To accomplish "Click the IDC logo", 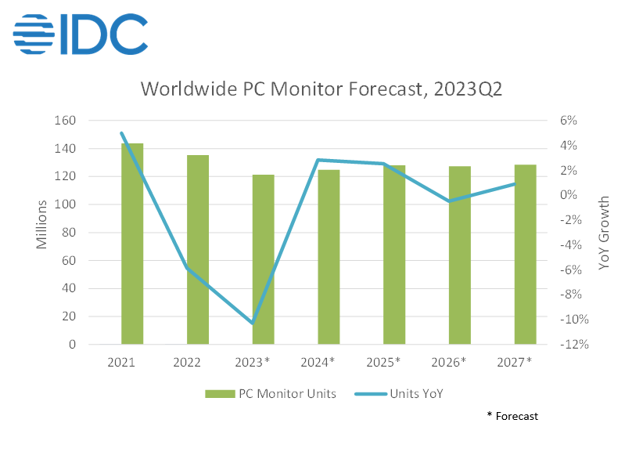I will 81,34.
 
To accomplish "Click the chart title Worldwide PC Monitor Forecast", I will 321,89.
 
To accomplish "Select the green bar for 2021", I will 132,244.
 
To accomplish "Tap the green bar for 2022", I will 198,249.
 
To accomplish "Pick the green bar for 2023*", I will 264,259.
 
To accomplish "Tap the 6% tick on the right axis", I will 569,121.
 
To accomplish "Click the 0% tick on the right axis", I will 569,195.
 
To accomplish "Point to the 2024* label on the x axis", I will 318,362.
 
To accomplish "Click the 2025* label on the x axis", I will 384,362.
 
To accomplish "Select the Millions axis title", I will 42,225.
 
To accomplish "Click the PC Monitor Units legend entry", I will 271,393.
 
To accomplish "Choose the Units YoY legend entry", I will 403,393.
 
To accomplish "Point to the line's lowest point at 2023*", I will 252,323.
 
